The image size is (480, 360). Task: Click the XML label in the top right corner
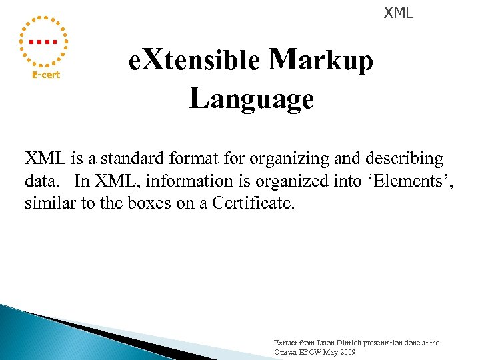[x=398, y=12]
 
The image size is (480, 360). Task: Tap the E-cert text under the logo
[x=46, y=75]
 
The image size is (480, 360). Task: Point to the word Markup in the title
[x=321, y=61]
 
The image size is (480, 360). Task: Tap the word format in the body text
[x=191, y=159]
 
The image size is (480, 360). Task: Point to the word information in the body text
[x=171, y=181]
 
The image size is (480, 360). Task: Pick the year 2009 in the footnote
[x=347, y=352]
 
